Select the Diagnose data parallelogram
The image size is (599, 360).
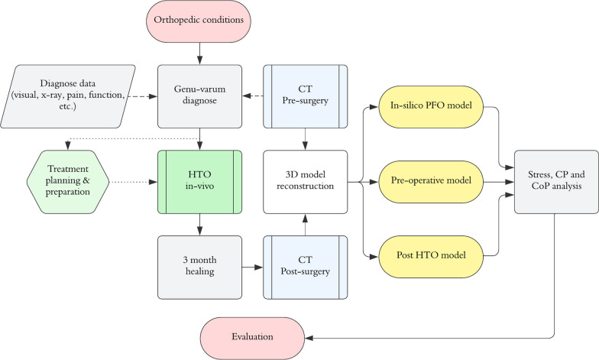[73, 96]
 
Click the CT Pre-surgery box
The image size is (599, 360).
[306, 96]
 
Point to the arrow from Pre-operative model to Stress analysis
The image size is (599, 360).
[498, 183]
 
